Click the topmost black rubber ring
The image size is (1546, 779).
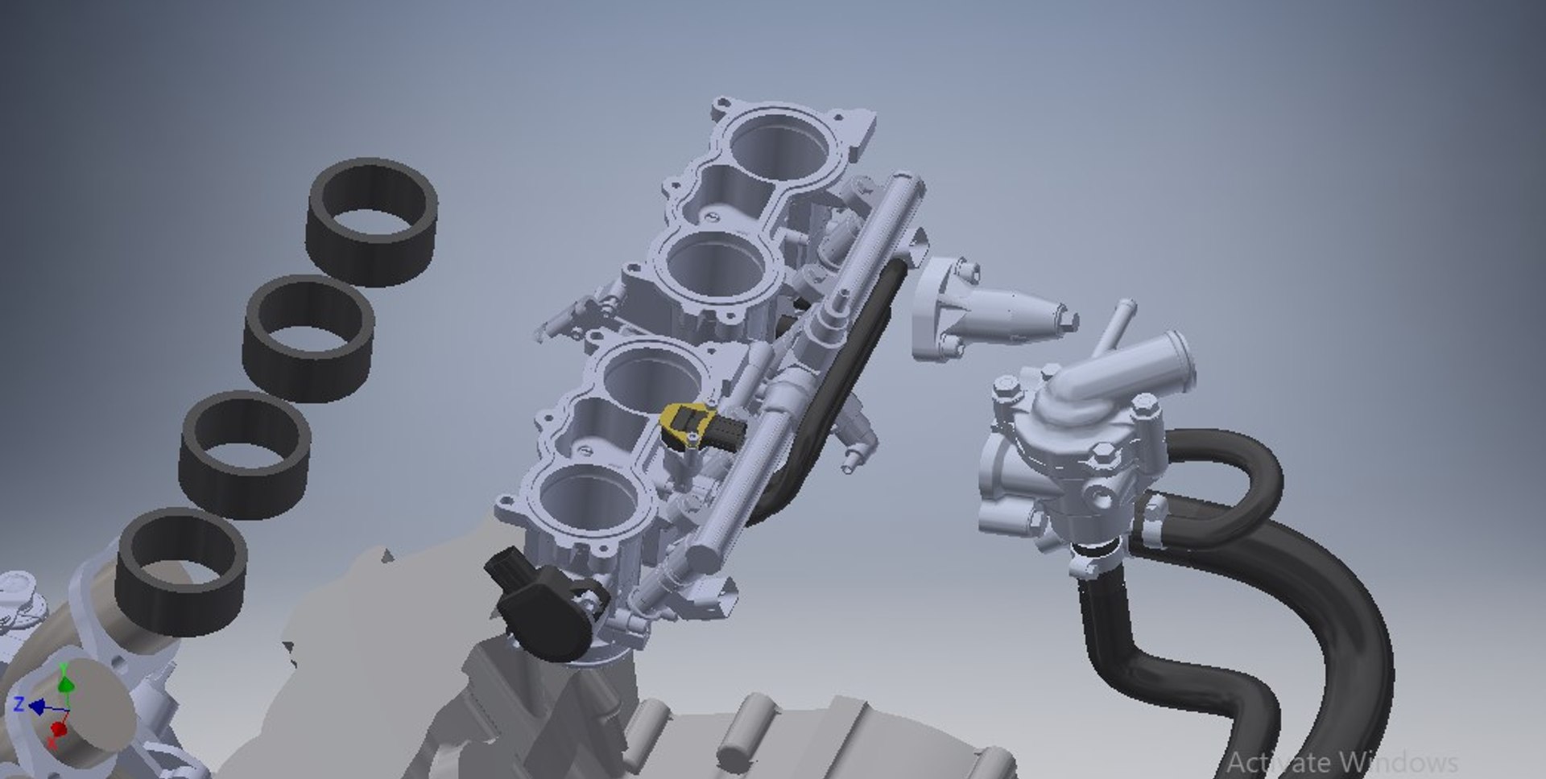[x=372, y=222]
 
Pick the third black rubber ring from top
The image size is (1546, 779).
[x=245, y=455]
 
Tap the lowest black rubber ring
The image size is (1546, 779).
[x=181, y=572]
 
